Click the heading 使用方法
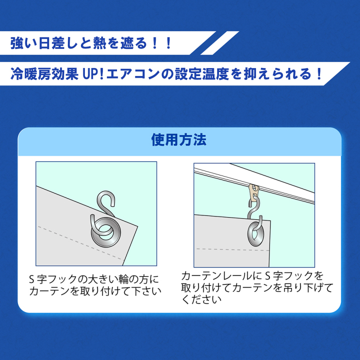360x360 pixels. click(179, 139)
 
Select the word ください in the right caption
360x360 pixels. click(201, 299)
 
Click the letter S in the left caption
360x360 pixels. click(31, 279)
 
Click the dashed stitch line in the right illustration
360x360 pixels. click(233, 250)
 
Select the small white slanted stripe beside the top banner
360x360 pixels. click(220, 43)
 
